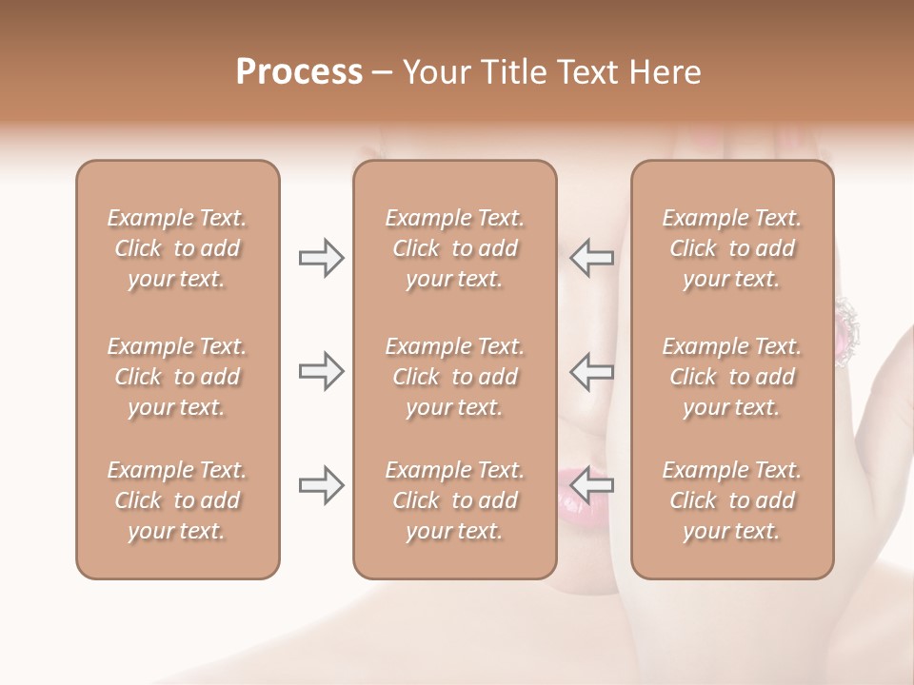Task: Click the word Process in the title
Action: pyautogui.click(x=299, y=72)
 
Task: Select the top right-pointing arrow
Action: pyautogui.click(x=321, y=258)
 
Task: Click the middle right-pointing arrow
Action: pyautogui.click(x=321, y=371)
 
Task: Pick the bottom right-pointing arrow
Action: pyautogui.click(x=321, y=485)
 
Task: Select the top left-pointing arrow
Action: pyautogui.click(x=592, y=258)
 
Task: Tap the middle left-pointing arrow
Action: pyautogui.click(x=592, y=371)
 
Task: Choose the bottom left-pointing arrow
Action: pyautogui.click(x=592, y=485)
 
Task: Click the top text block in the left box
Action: pyautogui.click(x=177, y=248)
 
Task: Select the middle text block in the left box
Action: pyautogui.click(x=177, y=377)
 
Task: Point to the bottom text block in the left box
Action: pyautogui.click(x=177, y=500)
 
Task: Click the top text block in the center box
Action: pyautogui.click(x=454, y=248)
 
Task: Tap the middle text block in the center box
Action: pyautogui.click(x=454, y=377)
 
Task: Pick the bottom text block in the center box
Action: pyautogui.click(x=454, y=500)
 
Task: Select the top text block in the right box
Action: pyautogui.click(x=732, y=248)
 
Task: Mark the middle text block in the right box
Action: pyautogui.click(x=732, y=377)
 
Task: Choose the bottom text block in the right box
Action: pyautogui.click(x=732, y=500)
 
